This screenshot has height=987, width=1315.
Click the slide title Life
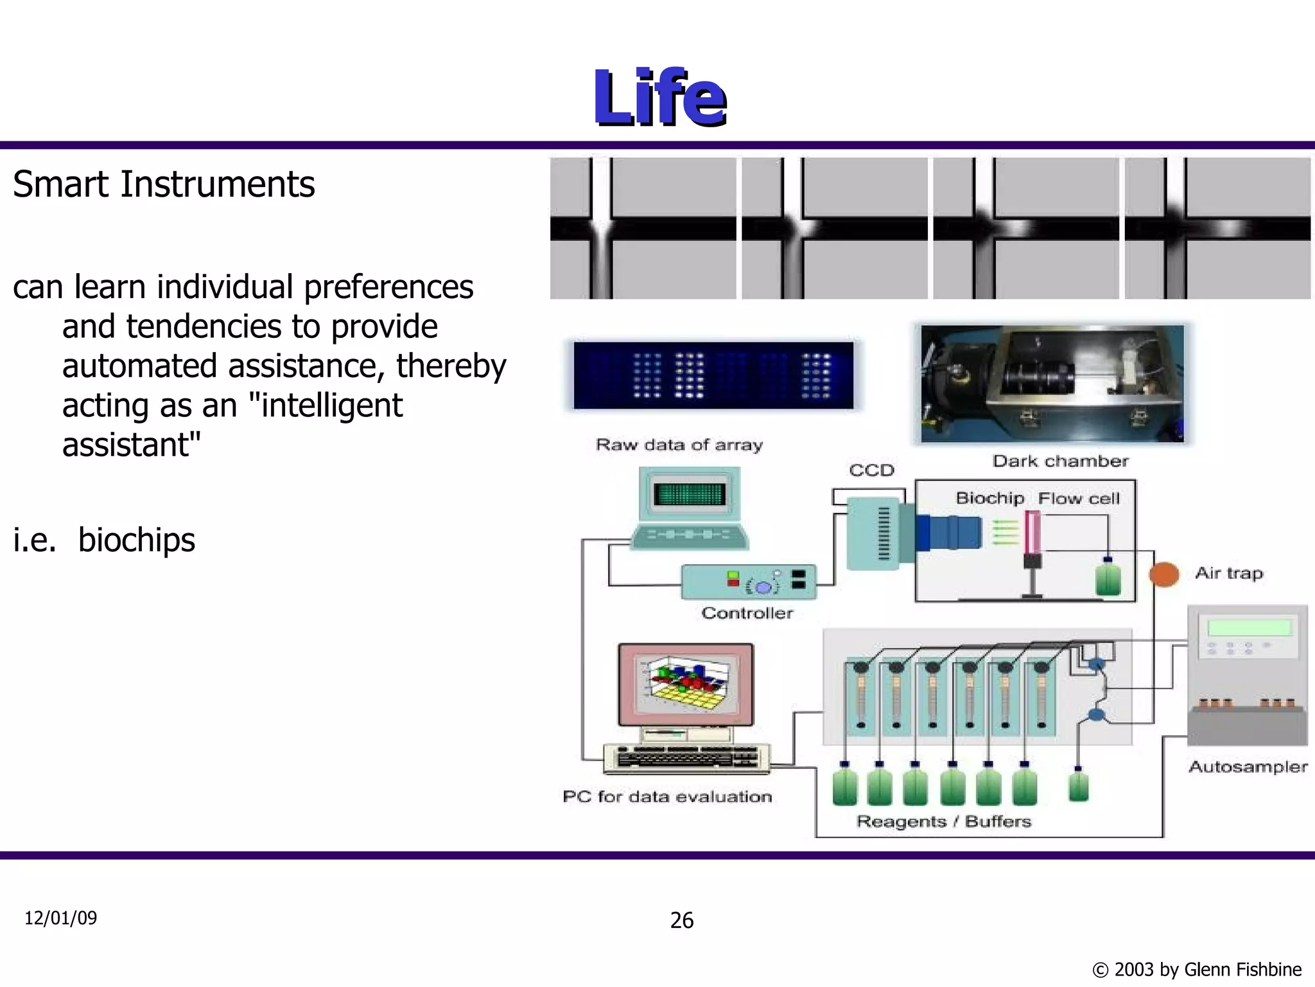[659, 98]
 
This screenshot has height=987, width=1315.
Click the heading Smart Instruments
[164, 184]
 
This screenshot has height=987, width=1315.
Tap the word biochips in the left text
[136, 540]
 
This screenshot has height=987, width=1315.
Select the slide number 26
[681, 920]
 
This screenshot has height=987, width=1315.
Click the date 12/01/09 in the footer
[60, 918]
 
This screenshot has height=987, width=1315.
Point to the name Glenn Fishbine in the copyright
[1242, 969]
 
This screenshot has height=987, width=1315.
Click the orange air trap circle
[1163, 574]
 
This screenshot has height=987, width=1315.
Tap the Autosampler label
[1248, 767]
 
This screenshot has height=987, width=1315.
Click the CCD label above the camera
[871, 470]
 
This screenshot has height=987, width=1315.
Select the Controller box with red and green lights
[748, 582]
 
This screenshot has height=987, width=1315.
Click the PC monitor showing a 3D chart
[686, 685]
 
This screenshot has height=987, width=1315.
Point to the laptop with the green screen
[690, 508]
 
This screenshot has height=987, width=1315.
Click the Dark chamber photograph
[1052, 384]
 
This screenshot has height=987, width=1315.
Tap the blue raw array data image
[713, 375]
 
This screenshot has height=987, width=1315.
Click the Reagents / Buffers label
[943, 821]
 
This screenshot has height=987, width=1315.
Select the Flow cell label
[1079, 499]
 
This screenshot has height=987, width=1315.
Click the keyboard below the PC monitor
[686, 758]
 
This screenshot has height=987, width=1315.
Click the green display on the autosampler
[1249, 627]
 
